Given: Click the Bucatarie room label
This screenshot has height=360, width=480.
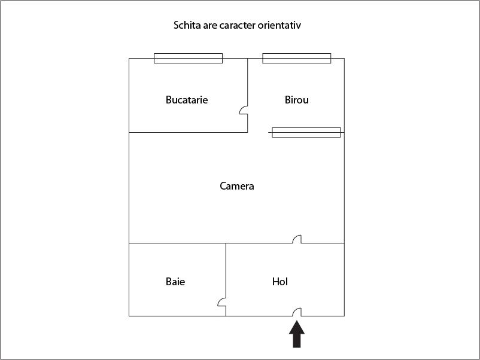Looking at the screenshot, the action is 187,100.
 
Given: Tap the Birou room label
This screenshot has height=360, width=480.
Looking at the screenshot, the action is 297,100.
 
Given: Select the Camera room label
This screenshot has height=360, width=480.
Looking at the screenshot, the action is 237,186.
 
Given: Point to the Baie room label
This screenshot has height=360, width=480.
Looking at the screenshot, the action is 175,282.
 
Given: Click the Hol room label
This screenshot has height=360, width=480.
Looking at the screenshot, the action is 280,282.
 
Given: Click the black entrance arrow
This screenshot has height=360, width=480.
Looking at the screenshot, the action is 297,334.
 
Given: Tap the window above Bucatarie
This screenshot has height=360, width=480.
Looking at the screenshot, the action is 189,58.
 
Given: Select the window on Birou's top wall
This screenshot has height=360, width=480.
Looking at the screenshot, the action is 297,58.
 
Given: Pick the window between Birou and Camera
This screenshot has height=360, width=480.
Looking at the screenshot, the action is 306,132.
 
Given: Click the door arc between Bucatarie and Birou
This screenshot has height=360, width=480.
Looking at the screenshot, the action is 244,110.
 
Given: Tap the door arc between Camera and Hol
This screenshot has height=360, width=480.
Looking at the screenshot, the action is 297,239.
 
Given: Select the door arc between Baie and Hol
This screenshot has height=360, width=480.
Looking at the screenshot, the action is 221,302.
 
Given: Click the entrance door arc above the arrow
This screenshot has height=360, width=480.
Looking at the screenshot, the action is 297,312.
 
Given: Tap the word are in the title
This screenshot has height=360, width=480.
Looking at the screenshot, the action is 210,25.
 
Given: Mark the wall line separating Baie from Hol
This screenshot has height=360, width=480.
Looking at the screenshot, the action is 226,279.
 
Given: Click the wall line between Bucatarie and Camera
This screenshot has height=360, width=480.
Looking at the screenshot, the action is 189,132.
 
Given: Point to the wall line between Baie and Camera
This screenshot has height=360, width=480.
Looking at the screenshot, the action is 178,243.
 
